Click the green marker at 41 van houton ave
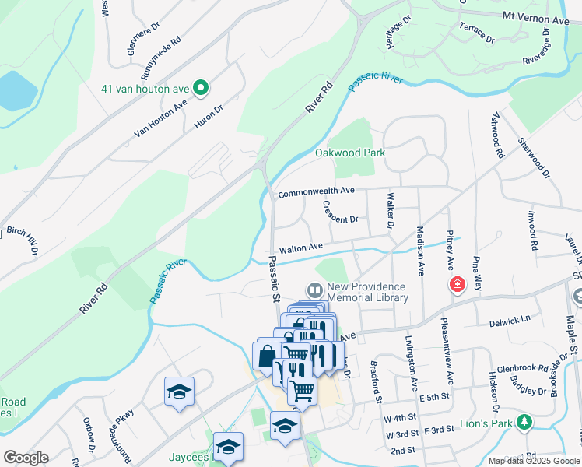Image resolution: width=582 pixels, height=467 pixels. coord(201,88)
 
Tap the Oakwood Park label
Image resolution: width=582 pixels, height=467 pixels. coord(349,153)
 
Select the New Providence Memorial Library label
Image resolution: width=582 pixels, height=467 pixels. coord(367,292)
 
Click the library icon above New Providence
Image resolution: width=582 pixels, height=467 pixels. coord(315,290)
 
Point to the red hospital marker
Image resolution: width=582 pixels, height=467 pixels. coord(456,286)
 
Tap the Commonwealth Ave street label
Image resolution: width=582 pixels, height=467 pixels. coord(316,191)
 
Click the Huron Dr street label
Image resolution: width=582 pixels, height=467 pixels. coord(209,117)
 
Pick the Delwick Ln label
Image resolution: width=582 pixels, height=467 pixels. coord(510,318)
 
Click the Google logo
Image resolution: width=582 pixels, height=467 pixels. coord(26,457)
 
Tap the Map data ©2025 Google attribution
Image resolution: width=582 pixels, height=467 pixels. coord(533,461)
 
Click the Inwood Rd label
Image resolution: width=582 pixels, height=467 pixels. coord(533,230)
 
